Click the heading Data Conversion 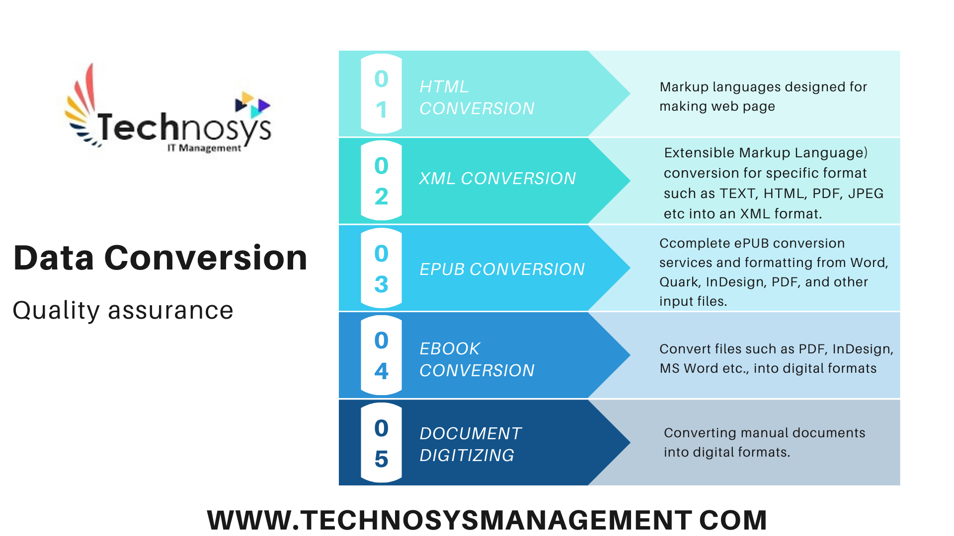pos(160,258)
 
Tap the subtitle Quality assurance pos(123,311)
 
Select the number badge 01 pos(381,94)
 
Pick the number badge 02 pos(381,181)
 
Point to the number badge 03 pos(381,268)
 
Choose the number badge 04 pos(381,355)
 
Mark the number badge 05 pos(381,443)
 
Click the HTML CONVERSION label pos(477,97)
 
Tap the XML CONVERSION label pos(497,179)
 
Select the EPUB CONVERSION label pos(502,269)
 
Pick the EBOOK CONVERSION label pos(477,359)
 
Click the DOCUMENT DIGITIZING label pos(471,444)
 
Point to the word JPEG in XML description pos(866,194)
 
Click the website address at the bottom pos(487,520)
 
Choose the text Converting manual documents pos(764,433)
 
